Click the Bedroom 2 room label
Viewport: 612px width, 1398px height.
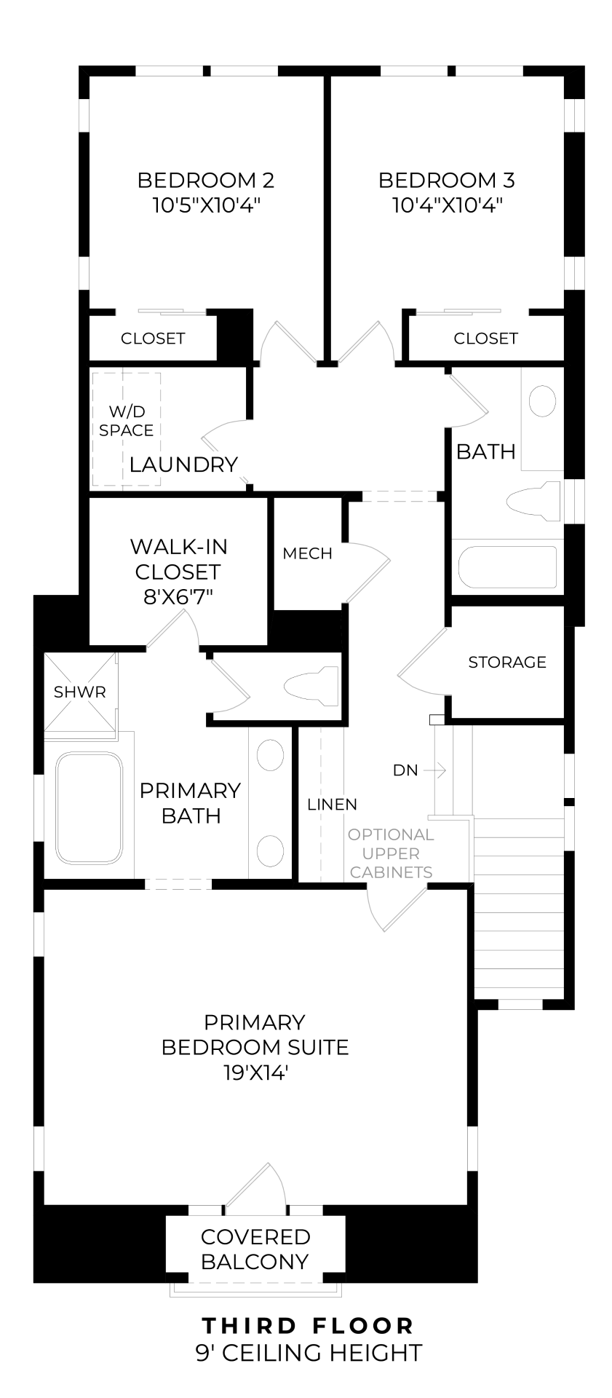point(205,179)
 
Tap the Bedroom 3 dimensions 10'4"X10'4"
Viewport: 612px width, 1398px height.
point(448,205)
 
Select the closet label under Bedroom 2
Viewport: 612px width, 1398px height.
point(153,338)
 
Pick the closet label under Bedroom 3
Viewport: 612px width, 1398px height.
point(485,338)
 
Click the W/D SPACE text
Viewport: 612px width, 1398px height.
point(127,421)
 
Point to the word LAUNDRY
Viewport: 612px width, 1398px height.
point(183,464)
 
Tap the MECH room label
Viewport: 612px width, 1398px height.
point(307,553)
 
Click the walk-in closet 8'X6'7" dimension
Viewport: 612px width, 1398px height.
point(178,597)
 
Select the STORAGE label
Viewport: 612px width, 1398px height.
point(507,662)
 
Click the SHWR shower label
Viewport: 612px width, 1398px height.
point(80,692)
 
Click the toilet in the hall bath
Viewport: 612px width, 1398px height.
point(533,501)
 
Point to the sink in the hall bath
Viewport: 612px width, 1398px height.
point(542,401)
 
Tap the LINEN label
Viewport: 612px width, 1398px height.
point(332,805)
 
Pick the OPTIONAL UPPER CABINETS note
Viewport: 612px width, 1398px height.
point(391,853)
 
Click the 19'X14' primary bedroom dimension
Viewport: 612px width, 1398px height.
point(255,1073)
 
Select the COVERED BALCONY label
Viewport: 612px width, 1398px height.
point(255,1249)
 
